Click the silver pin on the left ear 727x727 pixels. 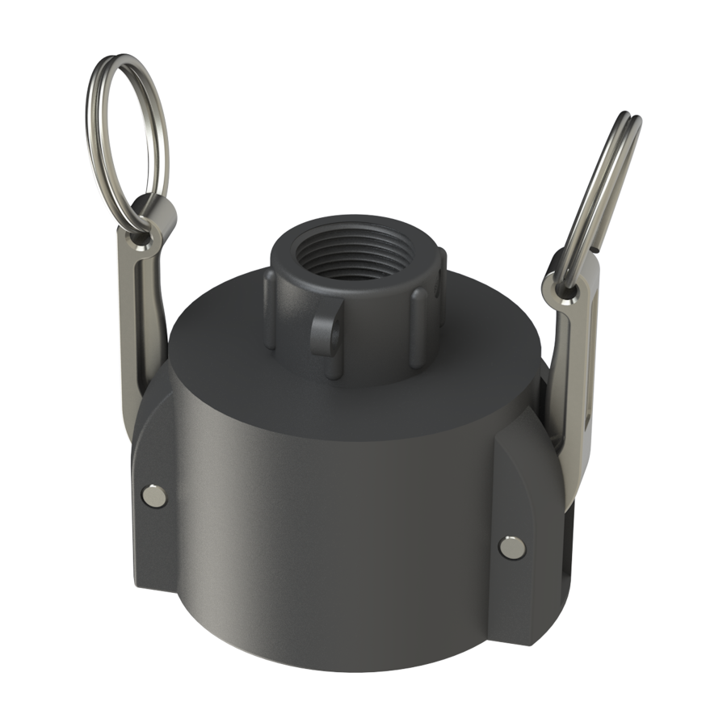(x=151, y=495)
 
